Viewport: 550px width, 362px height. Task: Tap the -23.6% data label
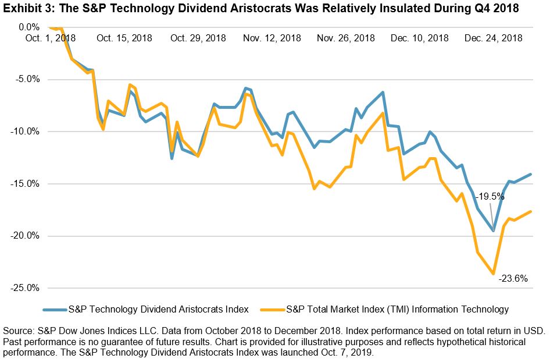513,278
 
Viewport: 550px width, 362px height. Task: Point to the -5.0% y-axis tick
25,79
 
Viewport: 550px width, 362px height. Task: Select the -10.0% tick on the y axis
23,132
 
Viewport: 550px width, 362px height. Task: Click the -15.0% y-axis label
23,184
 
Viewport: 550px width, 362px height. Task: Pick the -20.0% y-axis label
23,236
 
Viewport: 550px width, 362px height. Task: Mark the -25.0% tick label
23,288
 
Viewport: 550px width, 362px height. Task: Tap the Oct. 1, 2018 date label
51,38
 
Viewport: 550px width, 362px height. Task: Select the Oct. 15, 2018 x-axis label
124,38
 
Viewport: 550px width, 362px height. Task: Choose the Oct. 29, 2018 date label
198,38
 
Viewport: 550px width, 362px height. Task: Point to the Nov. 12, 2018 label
272,38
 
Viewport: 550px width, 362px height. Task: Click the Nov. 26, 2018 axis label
346,38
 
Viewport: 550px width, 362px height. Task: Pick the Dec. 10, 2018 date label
420,38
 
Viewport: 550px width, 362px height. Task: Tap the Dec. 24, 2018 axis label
493,38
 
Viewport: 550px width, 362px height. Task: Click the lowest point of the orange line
494,274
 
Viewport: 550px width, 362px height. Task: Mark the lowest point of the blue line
494,231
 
